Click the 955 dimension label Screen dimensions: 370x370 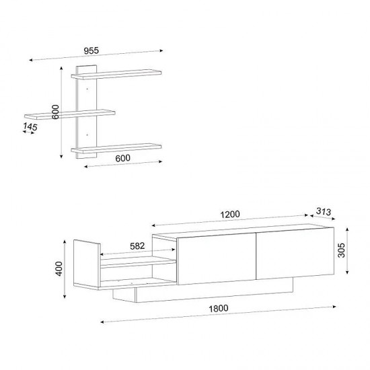click(x=91, y=50)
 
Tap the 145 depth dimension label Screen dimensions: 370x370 click(x=30, y=127)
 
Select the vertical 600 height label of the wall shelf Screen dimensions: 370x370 click(x=55, y=112)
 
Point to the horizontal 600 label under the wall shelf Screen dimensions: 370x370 click(x=122, y=158)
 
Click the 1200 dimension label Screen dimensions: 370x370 click(x=230, y=214)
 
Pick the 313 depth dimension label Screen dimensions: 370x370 click(x=324, y=211)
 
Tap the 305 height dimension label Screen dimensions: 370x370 click(x=342, y=250)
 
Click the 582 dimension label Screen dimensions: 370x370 click(x=137, y=246)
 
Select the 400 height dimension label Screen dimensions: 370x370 click(x=59, y=269)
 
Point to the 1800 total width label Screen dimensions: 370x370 click(x=219, y=308)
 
